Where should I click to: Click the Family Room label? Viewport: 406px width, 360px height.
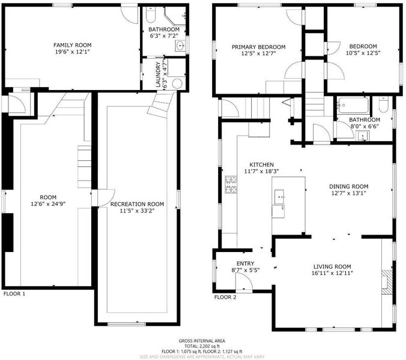pyautogui.click(x=72, y=45)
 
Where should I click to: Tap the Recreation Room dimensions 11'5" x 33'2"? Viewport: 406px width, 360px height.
pyautogui.click(x=137, y=211)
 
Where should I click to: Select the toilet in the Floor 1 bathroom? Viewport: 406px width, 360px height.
pyautogui.click(x=150, y=14)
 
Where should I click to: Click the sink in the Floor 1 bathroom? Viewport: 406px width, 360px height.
pyautogui.click(x=180, y=46)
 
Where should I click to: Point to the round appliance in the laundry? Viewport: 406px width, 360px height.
pyautogui.click(x=177, y=83)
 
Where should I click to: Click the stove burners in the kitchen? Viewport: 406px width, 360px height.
pyautogui.click(x=231, y=184)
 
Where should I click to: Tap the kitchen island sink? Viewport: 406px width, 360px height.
pyautogui.click(x=279, y=197)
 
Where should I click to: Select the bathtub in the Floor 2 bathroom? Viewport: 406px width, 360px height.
pyautogui.click(x=354, y=105)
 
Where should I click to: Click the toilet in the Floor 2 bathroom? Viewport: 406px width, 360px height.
pyautogui.click(x=383, y=104)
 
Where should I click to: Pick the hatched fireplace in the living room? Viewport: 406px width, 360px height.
pyautogui.click(x=387, y=282)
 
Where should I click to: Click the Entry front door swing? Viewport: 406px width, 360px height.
pyautogui.click(x=244, y=281)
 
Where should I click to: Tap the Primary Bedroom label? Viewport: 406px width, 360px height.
pyautogui.click(x=258, y=47)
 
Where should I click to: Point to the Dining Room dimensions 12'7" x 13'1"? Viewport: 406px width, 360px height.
pyautogui.click(x=348, y=193)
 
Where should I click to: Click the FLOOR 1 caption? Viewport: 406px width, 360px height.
pyautogui.click(x=14, y=294)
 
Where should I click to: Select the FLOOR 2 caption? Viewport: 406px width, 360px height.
pyautogui.click(x=225, y=297)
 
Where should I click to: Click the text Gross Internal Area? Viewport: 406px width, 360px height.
pyautogui.click(x=202, y=341)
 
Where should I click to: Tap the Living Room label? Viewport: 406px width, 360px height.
pyautogui.click(x=332, y=266)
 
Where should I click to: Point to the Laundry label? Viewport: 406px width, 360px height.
pyautogui.click(x=158, y=74)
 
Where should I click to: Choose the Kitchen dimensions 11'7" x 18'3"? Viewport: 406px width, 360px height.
pyautogui.click(x=261, y=171)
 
